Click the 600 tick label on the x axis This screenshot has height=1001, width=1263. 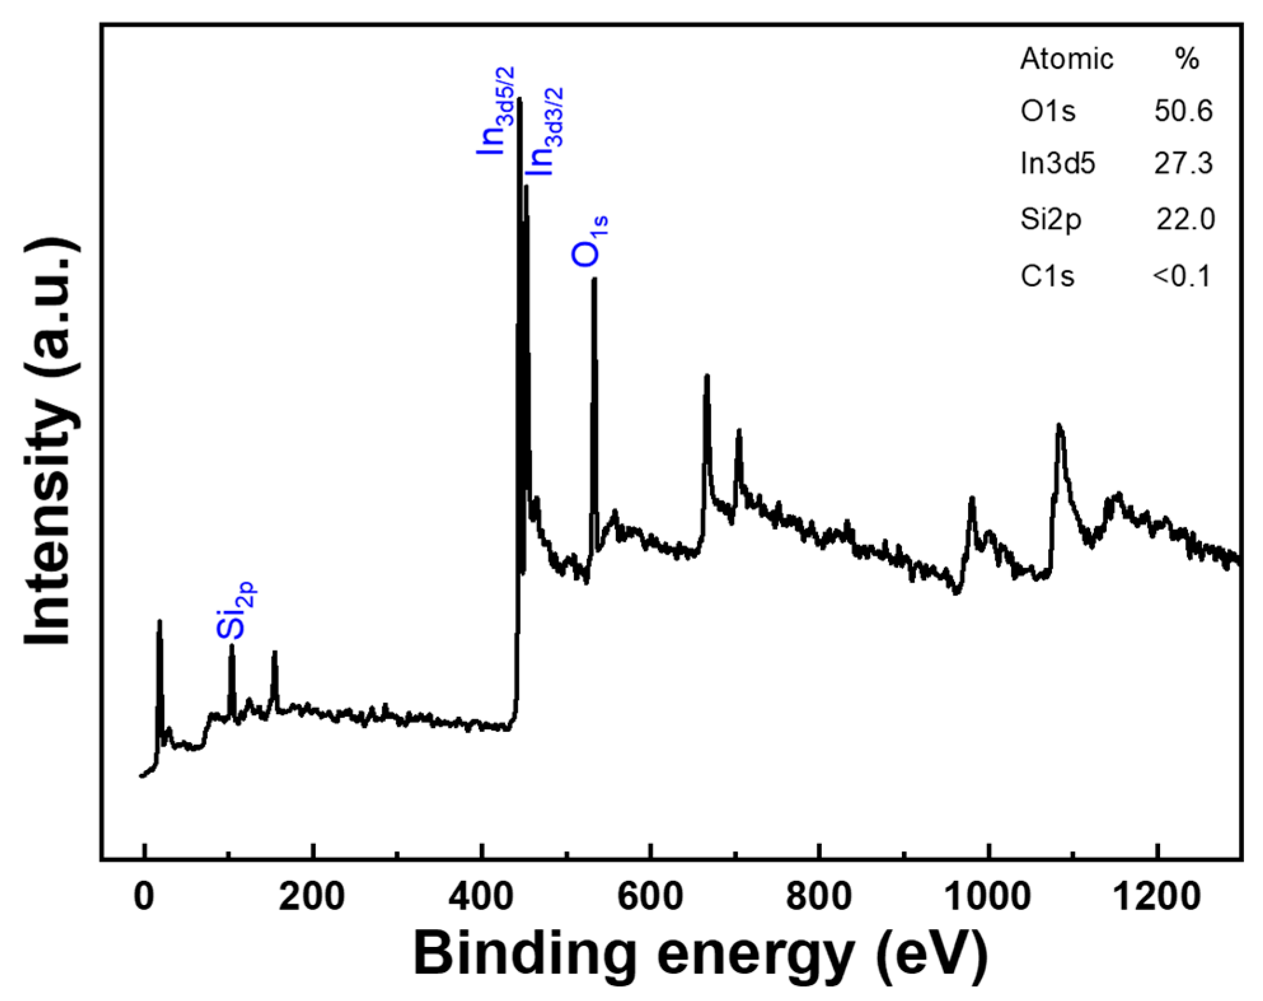[650, 897]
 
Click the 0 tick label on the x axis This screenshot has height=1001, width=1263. [145, 897]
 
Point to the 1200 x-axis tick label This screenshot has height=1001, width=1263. [1157, 897]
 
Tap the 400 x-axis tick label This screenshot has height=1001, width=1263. [481, 897]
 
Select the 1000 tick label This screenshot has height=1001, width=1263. [987, 897]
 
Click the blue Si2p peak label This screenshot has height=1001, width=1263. [235, 611]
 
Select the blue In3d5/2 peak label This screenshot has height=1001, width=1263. [496, 111]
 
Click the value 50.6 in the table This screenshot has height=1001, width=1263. [1183, 111]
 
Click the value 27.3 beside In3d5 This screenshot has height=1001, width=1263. [1183, 163]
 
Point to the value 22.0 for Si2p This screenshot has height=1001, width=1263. [1185, 219]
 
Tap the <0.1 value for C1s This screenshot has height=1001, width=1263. [1182, 276]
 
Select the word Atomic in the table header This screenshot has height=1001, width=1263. [1066, 59]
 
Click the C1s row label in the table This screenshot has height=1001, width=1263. [1047, 276]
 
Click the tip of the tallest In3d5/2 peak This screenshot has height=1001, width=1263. [520, 99]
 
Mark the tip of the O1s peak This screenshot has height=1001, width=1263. [594, 279]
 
